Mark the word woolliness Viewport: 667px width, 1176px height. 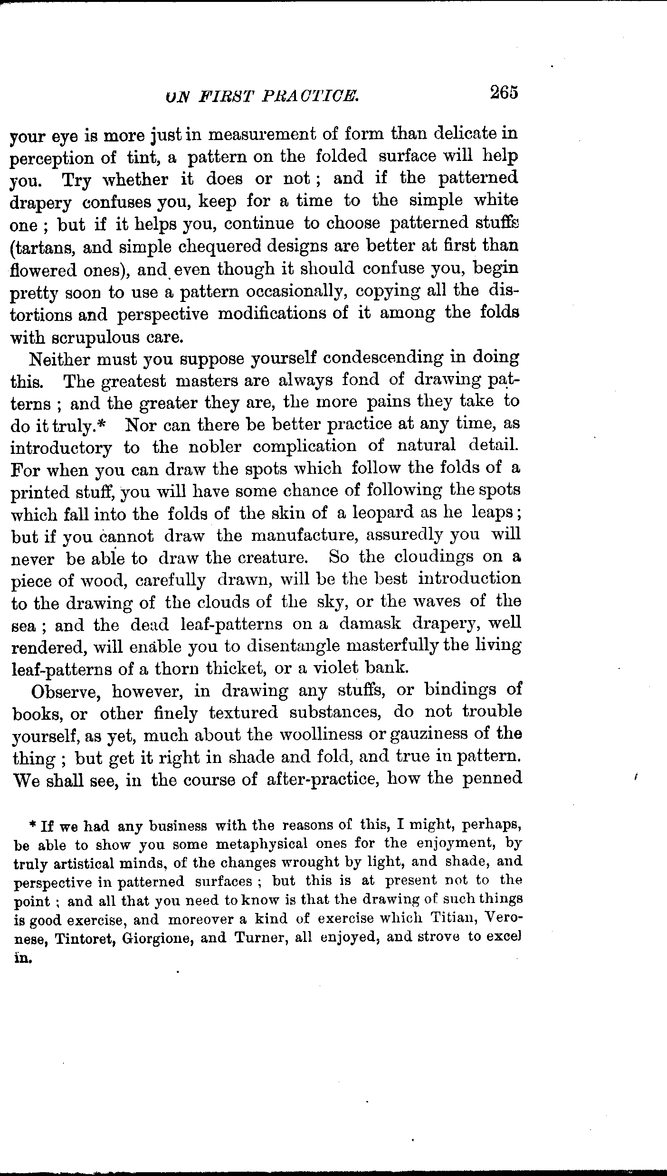point(322,734)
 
